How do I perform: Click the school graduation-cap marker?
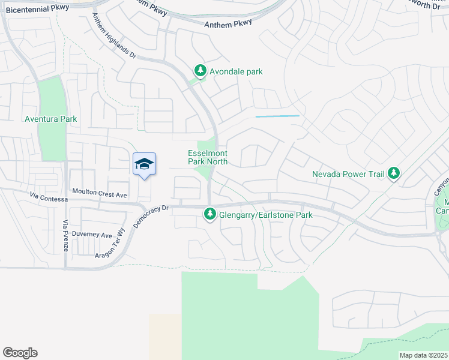click(144, 164)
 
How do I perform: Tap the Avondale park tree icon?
click(200, 71)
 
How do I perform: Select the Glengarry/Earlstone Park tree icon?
click(209, 213)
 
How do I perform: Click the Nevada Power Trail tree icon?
click(393, 174)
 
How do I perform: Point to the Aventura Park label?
click(50, 119)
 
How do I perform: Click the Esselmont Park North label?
click(208, 157)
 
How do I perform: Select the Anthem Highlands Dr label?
click(113, 35)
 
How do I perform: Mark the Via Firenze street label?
click(66, 235)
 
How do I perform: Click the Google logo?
click(20, 353)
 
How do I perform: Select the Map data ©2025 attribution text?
click(423, 355)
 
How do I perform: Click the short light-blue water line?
click(277, 116)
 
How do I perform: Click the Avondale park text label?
click(236, 71)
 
